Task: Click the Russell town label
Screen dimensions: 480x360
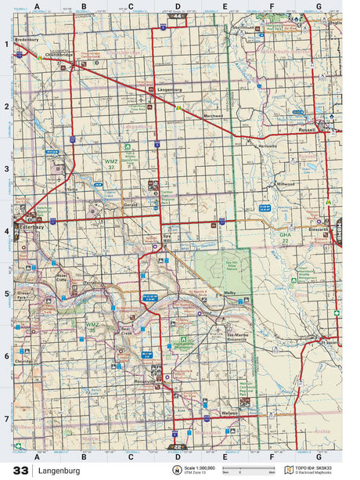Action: [306, 130]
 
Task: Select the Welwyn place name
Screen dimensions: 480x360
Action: [230, 414]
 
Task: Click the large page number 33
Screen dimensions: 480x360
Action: [21, 470]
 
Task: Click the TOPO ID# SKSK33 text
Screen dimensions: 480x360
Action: [316, 467]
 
